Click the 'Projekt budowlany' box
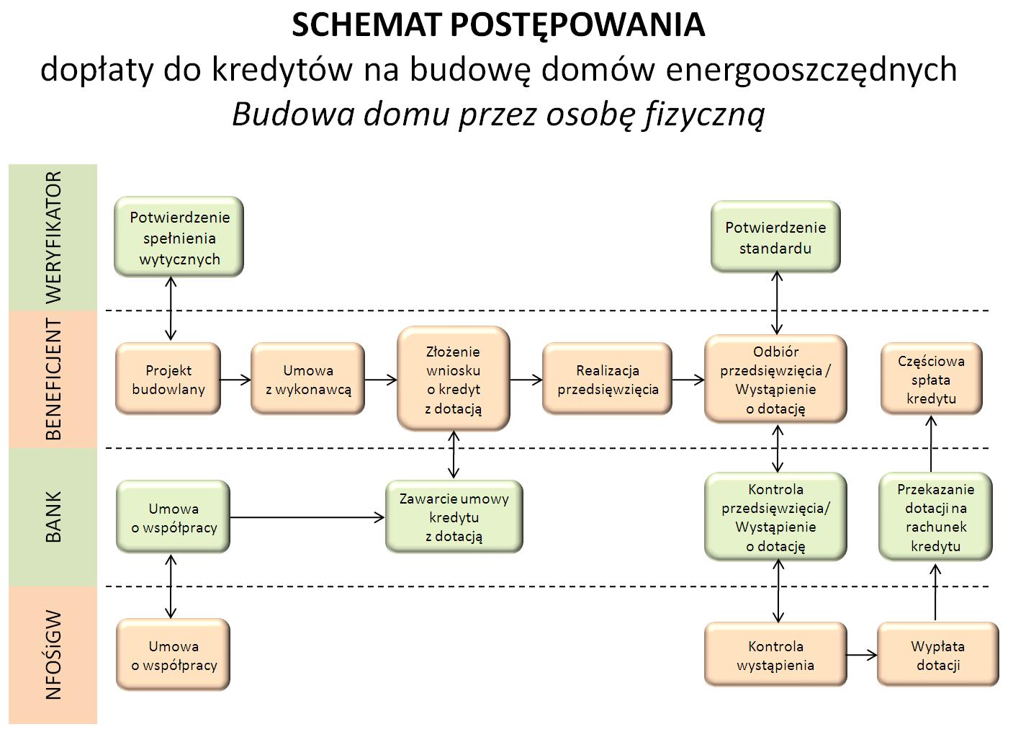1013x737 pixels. (168, 379)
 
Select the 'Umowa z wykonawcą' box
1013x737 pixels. (307, 379)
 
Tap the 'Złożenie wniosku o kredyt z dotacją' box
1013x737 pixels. (454, 379)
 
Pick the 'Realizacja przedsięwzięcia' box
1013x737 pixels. (607, 379)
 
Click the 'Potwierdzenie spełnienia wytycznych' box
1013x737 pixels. (179, 237)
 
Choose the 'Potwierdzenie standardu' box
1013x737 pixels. (775, 237)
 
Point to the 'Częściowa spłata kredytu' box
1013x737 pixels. (931, 379)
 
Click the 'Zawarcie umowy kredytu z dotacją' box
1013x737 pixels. (454, 517)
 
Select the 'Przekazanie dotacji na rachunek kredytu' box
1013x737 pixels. (935, 517)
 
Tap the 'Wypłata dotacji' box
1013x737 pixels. (937, 655)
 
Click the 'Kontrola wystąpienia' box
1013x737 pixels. (775, 655)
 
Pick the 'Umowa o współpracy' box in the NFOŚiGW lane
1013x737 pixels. (174, 655)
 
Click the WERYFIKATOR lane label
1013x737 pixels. (53, 237)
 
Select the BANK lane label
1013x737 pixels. (53, 517)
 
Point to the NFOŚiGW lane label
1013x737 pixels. (53, 655)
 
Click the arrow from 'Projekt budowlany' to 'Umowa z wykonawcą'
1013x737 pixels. (235, 379)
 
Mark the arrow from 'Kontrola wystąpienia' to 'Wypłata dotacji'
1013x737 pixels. (862, 655)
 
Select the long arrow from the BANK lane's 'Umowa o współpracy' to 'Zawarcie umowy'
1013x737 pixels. (307, 517)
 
